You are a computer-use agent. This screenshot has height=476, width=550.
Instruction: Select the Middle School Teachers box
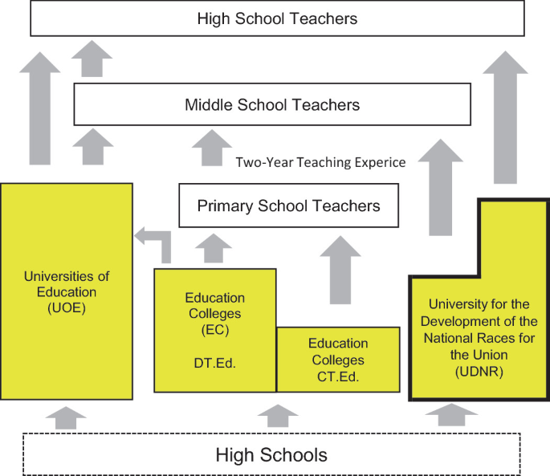pos(271,104)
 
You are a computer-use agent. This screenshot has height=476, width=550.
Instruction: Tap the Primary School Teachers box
pos(288,206)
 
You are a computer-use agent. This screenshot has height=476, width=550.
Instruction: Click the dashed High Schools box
pos(271,455)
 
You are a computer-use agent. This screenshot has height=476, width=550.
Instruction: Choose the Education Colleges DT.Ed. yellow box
pos(214,329)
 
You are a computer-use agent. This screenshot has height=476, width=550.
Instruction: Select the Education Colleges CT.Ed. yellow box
pos(337,360)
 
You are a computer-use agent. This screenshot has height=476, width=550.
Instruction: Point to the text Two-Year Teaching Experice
pos(320,162)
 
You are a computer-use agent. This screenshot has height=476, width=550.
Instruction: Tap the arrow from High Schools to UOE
pos(67,416)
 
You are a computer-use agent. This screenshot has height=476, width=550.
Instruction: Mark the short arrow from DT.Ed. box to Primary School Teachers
pos(212,249)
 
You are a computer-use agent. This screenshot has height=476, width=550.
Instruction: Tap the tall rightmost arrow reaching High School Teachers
pos(505,120)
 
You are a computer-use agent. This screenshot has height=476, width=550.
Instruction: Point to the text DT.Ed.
pos(214,363)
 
